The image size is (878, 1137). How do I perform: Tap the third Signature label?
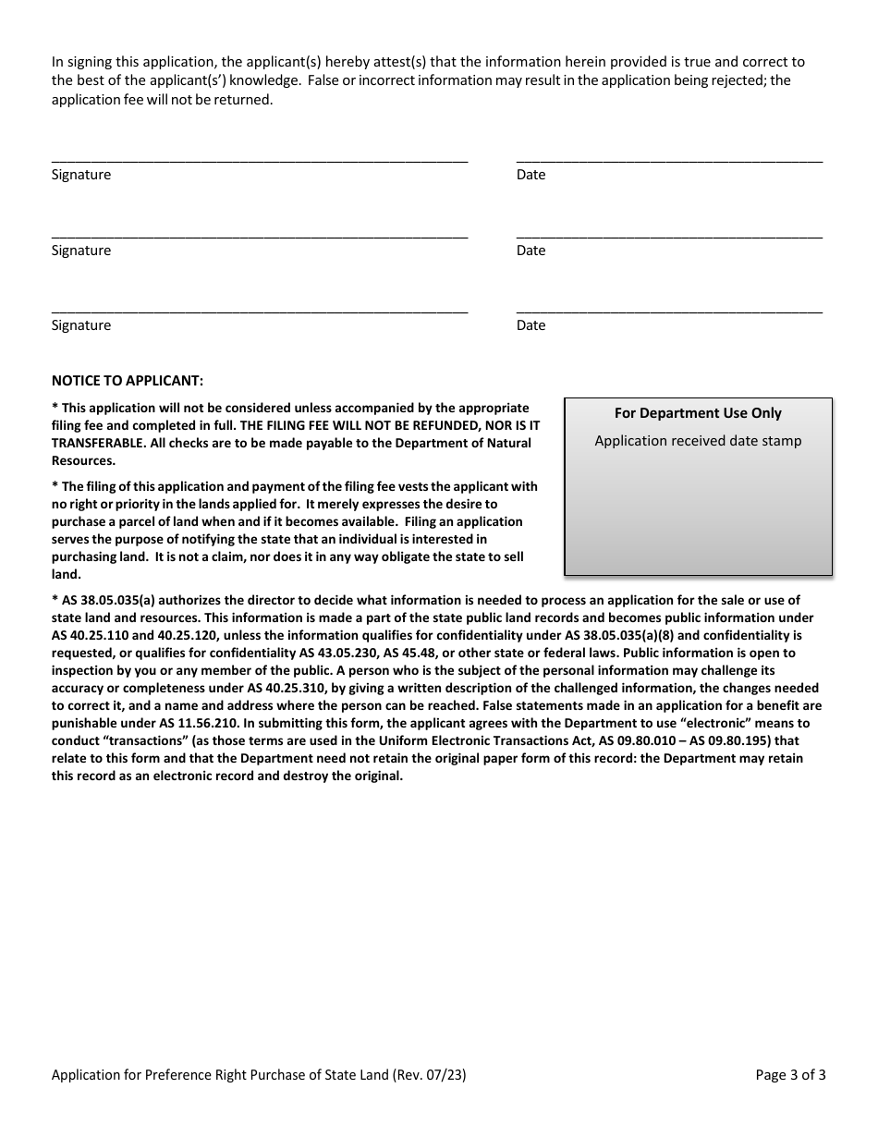81,325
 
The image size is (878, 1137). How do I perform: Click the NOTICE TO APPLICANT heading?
128,380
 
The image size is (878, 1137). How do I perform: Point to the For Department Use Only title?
698,413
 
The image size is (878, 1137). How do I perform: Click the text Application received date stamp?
698,441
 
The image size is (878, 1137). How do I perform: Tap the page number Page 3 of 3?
790,1075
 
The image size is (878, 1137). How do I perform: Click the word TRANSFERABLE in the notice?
95,443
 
